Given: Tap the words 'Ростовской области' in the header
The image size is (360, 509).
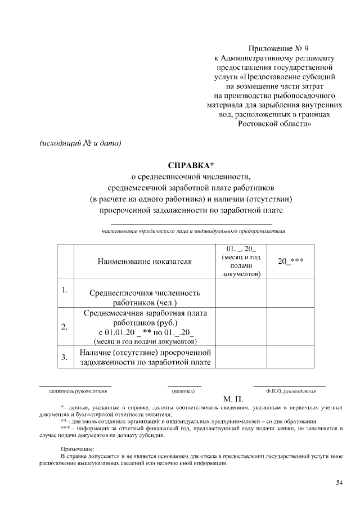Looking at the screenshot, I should point(274,124).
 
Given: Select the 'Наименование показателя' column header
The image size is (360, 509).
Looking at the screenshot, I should point(144,261).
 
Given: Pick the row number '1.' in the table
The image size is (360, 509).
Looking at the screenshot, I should point(65,290).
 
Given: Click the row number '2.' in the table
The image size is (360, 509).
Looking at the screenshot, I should point(65,327).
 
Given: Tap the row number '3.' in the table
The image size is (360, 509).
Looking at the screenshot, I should point(65,357).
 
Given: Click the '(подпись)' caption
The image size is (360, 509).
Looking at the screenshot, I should point(183,390).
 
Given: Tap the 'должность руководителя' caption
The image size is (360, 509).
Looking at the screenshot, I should point(75,390).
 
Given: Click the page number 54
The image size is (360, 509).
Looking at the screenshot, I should point(339,483).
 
